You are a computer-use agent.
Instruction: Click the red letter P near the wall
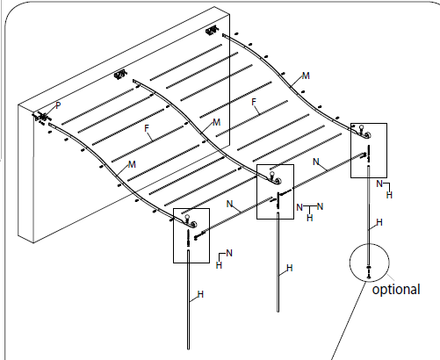pyautogui.click(x=58, y=105)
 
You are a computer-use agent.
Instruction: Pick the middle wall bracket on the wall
pyautogui.click(x=122, y=76)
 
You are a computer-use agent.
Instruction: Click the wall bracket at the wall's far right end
pyautogui.click(x=211, y=32)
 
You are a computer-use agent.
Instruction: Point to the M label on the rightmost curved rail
pyautogui.click(x=306, y=76)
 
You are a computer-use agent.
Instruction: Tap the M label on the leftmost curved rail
pyautogui.click(x=132, y=165)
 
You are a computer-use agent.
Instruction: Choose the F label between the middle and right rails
pyautogui.click(x=255, y=103)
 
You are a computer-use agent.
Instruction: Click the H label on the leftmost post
pyautogui.click(x=200, y=293)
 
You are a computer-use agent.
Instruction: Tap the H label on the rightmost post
pyautogui.click(x=379, y=223)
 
